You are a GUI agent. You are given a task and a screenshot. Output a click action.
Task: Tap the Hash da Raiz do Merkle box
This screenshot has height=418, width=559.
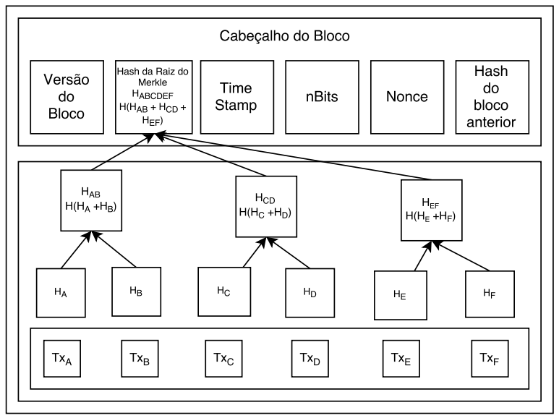click(x=153, y=97)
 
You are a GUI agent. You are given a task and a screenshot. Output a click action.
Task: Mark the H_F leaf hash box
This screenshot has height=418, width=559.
click(x=489, y=294)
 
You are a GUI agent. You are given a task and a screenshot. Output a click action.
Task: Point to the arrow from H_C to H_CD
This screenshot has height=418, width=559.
click(x=242, y=252)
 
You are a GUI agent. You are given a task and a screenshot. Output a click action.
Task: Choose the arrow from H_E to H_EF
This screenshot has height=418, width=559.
click(x=410, y=257)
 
